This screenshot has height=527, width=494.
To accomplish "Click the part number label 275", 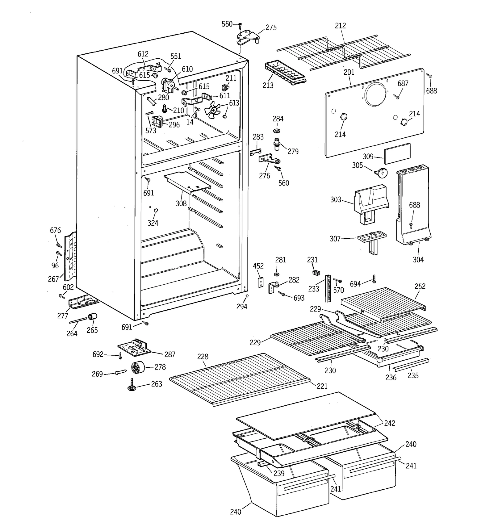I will (x=271, y=28).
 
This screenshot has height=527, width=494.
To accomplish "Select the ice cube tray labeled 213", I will (x=285, y=74).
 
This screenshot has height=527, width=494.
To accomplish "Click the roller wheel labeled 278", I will (x=138, y=367).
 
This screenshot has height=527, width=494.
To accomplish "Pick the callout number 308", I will (x=181, y=203).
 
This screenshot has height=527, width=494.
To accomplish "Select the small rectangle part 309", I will (x=397, y=153).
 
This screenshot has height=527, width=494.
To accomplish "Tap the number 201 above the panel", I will (x=349, y=72).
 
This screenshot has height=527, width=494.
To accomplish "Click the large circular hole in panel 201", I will (x=375, y=94).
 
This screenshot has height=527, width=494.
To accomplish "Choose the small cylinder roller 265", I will (x=93, y=317).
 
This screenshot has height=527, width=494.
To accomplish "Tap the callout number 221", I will (x=322, y=386).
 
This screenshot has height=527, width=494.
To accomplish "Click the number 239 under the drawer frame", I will (x=279, y=473).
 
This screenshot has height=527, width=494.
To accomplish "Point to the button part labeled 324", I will (x=156, y=210).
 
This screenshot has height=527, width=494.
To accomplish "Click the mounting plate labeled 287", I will (x=135, y=347).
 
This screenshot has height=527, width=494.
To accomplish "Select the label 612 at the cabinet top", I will (x=143, y=54).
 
